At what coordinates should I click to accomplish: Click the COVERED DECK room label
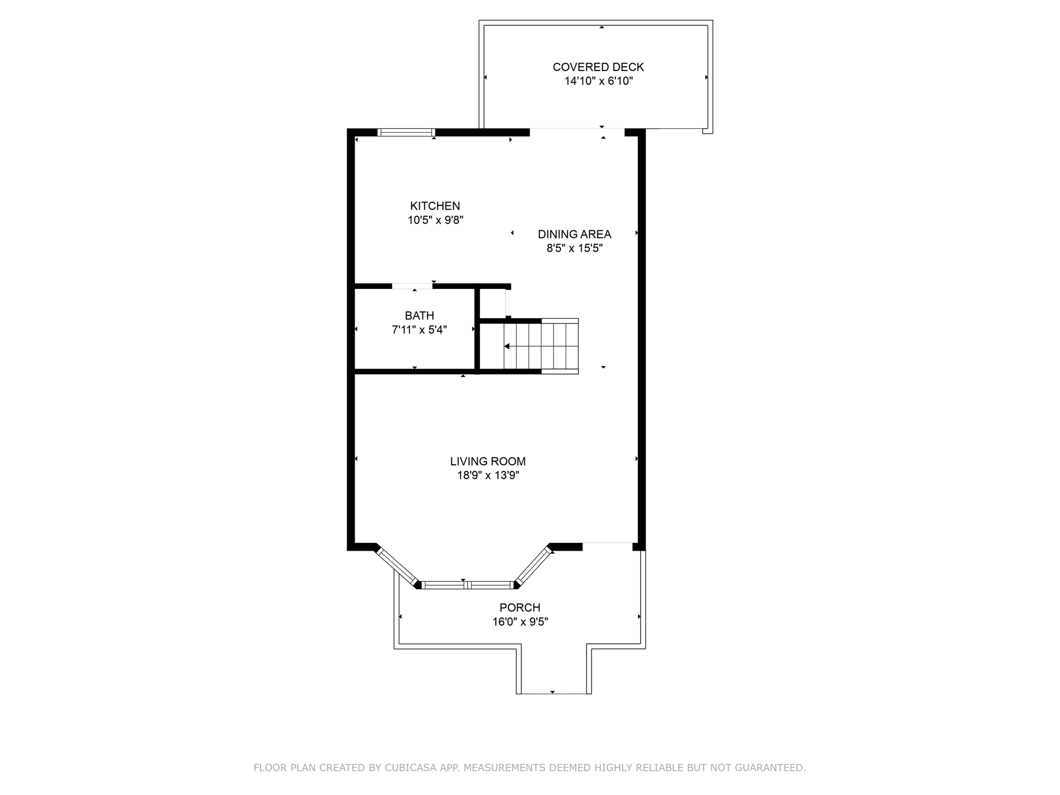(598, 67)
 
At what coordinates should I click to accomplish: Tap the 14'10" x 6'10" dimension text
(598, 81)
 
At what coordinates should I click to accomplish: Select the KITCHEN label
(435, 205)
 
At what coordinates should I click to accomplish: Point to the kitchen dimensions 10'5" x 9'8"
(435, 220)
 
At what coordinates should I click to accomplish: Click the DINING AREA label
(574, 234)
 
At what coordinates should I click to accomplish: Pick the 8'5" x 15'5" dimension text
(574, 248)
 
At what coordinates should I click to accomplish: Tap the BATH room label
(419, 315)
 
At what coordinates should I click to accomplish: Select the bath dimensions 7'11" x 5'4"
(419, 330)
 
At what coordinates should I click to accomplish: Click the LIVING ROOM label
(488, 461)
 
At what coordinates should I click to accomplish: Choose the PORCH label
(520, 607)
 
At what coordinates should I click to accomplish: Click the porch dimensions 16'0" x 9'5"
(520, 622)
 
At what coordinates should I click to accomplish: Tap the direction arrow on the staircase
(507, 346)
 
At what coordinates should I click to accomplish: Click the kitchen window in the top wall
(406, 132)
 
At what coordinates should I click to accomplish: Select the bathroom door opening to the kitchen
(412, 286)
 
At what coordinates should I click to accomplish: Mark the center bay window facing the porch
(467, 585)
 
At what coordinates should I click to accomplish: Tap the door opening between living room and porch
(607, 543)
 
